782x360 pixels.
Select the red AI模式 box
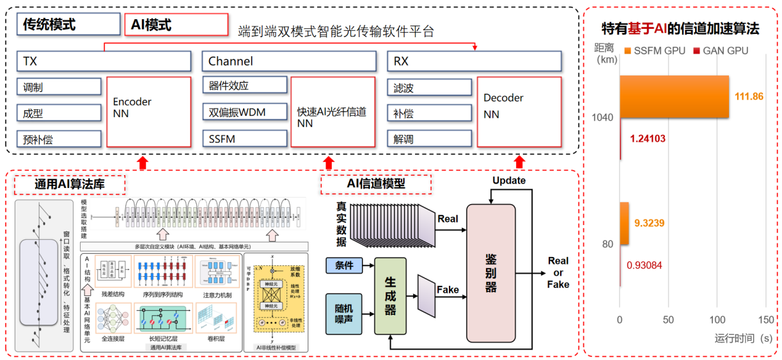pos(176,25)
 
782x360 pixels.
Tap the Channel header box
pos(288,61)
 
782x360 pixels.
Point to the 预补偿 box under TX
pos(59,139)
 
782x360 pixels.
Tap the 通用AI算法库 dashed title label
pos(70,185)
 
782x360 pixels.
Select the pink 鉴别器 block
pos(491,273)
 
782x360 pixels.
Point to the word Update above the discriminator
pos(509,180)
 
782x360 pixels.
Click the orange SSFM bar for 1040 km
pos(674,97)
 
